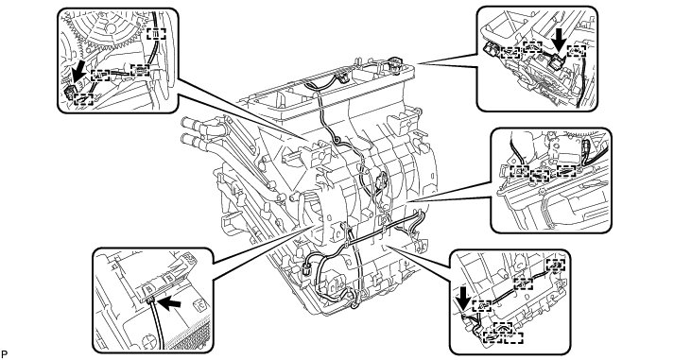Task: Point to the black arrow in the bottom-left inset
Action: pos(169,303)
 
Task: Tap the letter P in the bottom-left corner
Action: pos(4,354)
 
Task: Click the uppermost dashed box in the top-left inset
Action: pos(156,33)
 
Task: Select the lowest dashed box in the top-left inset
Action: pos(83,99)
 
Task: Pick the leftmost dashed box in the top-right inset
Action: pos(510,52)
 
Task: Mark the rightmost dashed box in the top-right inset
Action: pos(576,51)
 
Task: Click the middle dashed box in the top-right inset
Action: pos(532,47)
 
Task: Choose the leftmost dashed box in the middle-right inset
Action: pos(519,171)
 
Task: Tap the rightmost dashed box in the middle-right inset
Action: pos(566,170)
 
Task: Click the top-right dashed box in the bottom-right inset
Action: pos(555,266)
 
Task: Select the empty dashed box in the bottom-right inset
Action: pos(513,337)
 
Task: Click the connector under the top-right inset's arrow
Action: pos(556,64)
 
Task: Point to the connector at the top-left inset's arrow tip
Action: pos(68,92)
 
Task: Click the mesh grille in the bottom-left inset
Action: pos(191,334)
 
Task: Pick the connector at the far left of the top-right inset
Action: pos(492,51)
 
